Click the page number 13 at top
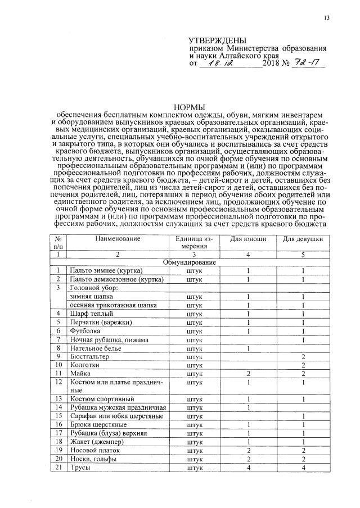pyautogui.click(x=326, y=18)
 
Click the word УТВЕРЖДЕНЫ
pyautogui.click(x=218, y=40)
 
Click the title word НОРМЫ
pyautogui.click(x=190, y=107)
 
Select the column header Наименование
pyautogui.click(x=117, y=239)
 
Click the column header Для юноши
pyautogui.click(x=248, y=239)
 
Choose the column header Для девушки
pyautogui.click(x=303, y=239)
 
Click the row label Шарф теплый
pyautogui.click(x=91, y=313)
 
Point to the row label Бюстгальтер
pyautogui.click(x=90, y=357)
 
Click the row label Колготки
pyautogui.click(x=85, y=365)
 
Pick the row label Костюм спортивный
pyautogui.click(x=98, y=398)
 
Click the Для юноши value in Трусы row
pyautogui.click(x=248, y=468)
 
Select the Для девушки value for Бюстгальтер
pyautogui.click(x=303, y=357)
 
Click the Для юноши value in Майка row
pyautogui.click(x=248, y=374)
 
